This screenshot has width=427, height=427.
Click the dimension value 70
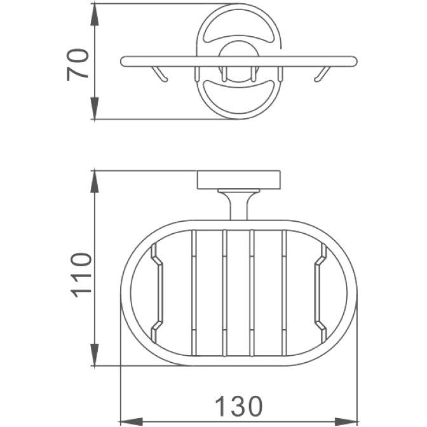tap(78, 65)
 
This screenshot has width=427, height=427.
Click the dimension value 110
tap(81, 275)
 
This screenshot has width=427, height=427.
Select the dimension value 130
tap(239, 407)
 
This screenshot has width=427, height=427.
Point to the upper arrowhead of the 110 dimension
tap(94, 182)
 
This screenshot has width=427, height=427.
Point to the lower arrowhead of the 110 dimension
tap(94, 355)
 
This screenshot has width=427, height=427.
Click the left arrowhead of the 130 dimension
tap(132, 421)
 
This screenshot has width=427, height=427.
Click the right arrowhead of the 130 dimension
tap(346, 421)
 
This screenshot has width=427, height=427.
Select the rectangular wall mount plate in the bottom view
tap(238, 180)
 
